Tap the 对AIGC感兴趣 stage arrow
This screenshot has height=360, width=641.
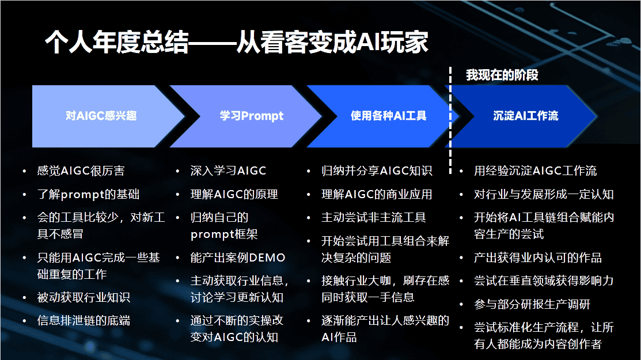[101, 116]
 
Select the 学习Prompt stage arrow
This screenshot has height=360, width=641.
[251, 116]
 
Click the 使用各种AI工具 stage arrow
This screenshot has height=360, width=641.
[388, 116]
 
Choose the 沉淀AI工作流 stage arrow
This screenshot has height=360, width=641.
[525, 116]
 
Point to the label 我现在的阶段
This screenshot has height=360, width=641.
[502, 75]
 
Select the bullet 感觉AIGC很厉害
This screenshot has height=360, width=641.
[81, 171]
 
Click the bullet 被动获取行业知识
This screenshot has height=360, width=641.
[84, 297]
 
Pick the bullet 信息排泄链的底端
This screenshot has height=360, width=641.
[84, 320]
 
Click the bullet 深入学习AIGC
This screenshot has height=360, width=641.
[228, 171]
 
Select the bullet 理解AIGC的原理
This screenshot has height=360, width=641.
[234, 194]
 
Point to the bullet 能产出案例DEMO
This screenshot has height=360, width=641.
[238, 257]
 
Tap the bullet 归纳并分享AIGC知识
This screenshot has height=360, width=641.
[377, 171]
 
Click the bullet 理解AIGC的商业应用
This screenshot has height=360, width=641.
[377, 194]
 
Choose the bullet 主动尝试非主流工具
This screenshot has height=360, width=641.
[374, 218]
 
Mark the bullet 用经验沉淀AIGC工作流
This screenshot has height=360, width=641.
[535, 171]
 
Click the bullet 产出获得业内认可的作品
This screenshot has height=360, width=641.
[537, 257]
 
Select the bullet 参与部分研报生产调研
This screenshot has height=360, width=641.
[532, 304]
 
